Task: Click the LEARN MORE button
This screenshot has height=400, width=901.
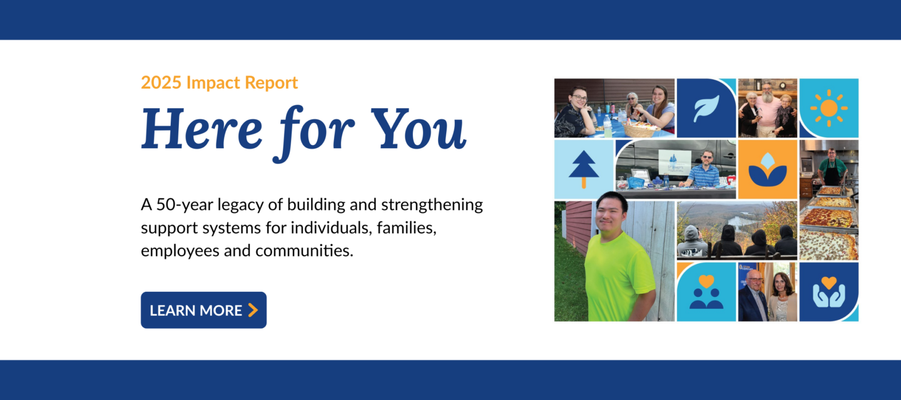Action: (x=203, y=310)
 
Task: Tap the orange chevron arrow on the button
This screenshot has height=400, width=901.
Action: (x=253, y=310)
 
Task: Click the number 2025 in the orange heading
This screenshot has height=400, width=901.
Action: (x=161, y=82)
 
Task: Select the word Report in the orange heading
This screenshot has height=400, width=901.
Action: (x=271, y=83)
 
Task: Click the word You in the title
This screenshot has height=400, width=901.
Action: (x=418, y=129)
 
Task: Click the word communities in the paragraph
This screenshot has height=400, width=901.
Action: (x=304, y=251)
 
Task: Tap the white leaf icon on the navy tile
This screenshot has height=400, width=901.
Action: (x=706, y=108)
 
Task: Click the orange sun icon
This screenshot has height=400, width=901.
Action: (x=829, y=108)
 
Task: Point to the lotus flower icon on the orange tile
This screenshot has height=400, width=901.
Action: (x=768, y=169)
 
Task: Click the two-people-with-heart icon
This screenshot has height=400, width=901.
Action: (x=706, y=292)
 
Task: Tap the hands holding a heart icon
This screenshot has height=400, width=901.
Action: (x=829, y=292)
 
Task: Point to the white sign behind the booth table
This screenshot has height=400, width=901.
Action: (x=674, y=162)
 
